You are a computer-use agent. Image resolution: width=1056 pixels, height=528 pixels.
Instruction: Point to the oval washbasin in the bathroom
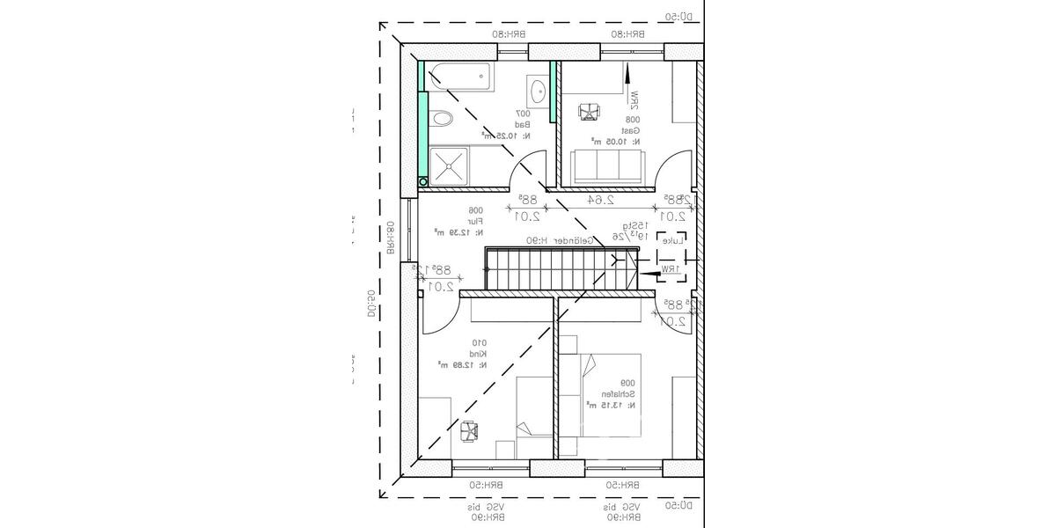[538, 89]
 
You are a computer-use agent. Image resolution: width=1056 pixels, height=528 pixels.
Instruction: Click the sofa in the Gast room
[607, 166]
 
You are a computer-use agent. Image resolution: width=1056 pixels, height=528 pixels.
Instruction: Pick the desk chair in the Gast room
[588, 112]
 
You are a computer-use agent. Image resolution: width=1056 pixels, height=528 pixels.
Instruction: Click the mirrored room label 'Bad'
[523, 125]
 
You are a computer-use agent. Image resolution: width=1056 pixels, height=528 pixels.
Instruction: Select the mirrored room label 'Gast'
[633, 129]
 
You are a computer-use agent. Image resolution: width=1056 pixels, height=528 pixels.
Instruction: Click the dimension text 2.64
[602, 200]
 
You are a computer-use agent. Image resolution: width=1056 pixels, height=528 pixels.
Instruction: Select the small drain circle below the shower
[423, 181]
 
